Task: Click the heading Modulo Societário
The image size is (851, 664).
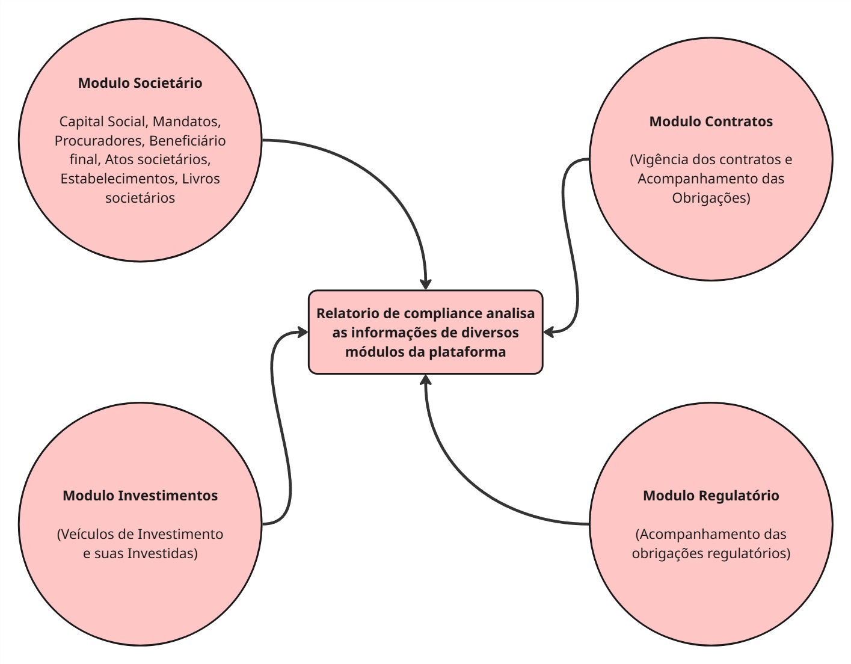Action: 140,83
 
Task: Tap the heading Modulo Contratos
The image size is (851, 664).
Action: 711,121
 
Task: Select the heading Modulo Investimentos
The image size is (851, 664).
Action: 140,496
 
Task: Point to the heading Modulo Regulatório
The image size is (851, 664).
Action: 711,496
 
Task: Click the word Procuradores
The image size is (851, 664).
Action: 99,141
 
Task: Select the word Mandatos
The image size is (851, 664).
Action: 186,121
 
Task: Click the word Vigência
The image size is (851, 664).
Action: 660,160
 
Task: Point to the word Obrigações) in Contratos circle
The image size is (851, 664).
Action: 711,198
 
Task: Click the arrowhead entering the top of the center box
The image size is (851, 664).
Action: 426,284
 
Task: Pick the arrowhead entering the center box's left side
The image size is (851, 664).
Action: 302,331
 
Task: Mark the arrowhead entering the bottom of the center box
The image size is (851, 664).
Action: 426,380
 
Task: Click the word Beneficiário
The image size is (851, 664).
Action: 188,141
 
